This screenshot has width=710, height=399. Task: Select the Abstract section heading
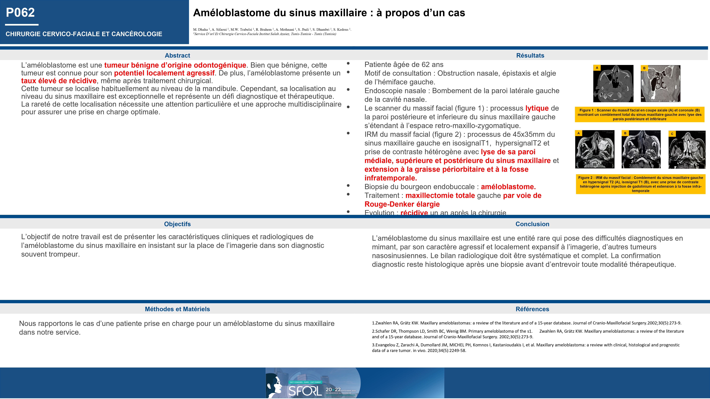(x=177, y=55)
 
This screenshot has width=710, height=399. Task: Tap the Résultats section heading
(x=530, y=55)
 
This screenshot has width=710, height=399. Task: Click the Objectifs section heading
(x=177, y=224)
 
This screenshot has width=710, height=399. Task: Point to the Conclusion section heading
(x=532, y=224)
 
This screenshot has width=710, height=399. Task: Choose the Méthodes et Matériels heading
(x=177, y=309)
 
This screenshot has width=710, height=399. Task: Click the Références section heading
(x=532, y=309)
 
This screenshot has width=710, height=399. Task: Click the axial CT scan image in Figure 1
(x=613, y=83)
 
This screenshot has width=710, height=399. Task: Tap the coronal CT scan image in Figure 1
(x=661, y=83)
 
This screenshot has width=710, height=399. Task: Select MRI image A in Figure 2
(x=595, y=149)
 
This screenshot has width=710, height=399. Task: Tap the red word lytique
(x=537, y=108)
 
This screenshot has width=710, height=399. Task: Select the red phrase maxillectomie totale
(x=440, y=196)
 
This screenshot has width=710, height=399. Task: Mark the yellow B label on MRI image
(x=625, y=133)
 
